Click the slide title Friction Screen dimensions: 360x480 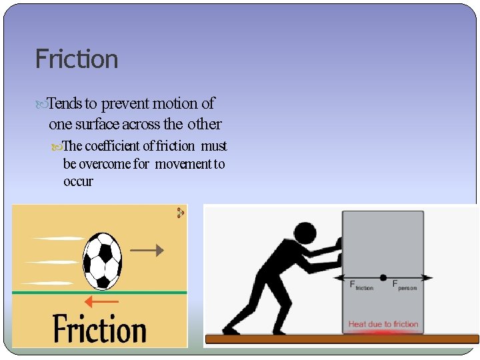pyautogui.click(x=77, y=59)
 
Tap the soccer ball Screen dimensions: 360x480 pyautogui.click(x=102, y=259)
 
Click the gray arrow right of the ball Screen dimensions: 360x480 pyautogui.click(x=146, y=251)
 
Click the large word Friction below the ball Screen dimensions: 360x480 pyautogui.click(x=99, y=329)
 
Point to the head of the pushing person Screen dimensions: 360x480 pyautogui.click(x=304, y=234)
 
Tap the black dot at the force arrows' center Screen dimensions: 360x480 pyautogui.click(x=383, y=277)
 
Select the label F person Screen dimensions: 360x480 pyautogui.click(x=404, y=286)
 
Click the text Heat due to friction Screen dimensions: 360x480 pyautogui.click(x=383, y=325)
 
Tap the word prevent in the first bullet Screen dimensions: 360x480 pyautogui.click(x=125, y=104)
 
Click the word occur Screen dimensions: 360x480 pyautogui.click(x=78, y=181)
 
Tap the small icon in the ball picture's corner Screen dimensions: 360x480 pyautogui.click(x=180, y=213)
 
